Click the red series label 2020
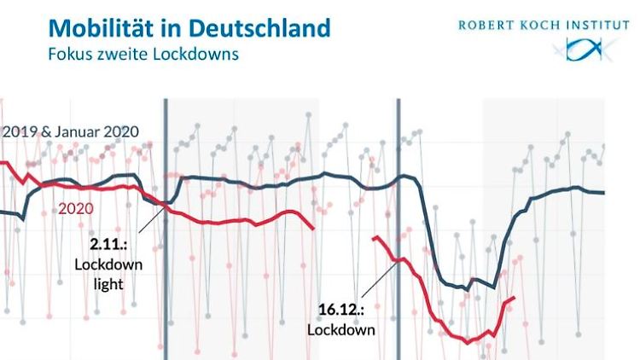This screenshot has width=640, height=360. point(75,207)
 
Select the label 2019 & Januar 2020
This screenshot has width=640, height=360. point(70,132)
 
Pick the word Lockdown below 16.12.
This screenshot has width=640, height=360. point(342,329)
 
